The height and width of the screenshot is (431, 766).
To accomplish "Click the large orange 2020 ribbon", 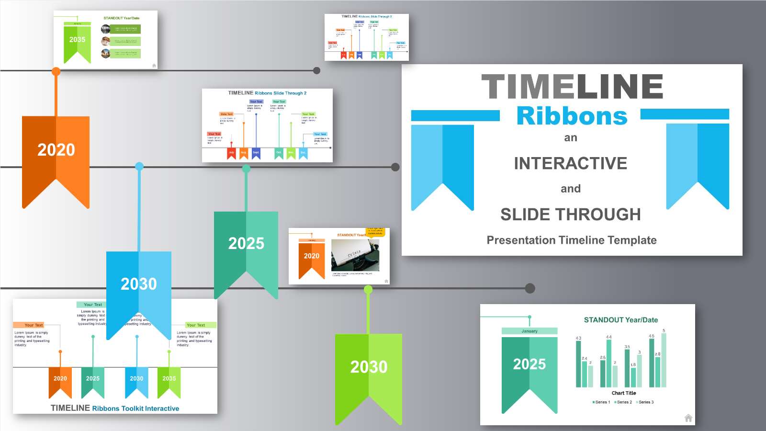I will click(x=56, y=153).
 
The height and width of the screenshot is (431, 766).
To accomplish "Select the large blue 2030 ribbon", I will click(x=139, y=287).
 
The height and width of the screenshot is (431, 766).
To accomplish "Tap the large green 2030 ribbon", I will click(x=369, y=369).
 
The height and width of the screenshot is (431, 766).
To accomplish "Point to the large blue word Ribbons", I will click(x=572, y=116).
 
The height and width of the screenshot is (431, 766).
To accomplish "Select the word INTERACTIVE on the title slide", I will click(x=570, y=163).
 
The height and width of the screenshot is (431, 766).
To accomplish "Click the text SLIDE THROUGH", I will click(x=570, y=214).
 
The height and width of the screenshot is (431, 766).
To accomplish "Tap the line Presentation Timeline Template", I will click(x=571, y=240).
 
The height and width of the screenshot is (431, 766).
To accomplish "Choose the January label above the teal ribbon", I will click(x=529, y=331).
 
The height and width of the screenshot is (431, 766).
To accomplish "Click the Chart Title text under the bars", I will click(x=623, y=393).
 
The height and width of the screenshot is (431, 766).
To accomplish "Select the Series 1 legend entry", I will click(x=601, y=402).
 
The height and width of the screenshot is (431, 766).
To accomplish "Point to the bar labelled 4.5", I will click(x=652, y=363).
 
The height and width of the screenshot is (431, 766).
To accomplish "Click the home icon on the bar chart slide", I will click(x=688, y=418).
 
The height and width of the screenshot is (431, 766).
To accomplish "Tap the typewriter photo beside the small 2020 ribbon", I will click(x=355, y=255).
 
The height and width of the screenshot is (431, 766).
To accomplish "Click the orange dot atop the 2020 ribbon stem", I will click(x=56, y=72).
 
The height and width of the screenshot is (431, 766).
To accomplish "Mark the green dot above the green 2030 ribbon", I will click(x=368, y=289).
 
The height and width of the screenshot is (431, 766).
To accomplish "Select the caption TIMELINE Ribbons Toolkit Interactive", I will click(x=115, y=408).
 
